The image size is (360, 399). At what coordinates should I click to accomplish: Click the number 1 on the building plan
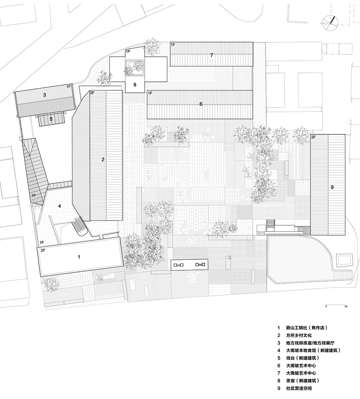pos(79,257)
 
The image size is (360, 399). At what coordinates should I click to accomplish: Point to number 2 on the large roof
pos(103,160)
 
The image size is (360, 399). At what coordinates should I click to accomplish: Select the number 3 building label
pos(45,95)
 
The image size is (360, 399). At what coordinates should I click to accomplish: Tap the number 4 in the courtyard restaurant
pos(60,206)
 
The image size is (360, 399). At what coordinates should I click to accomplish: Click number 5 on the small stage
pos(51,119)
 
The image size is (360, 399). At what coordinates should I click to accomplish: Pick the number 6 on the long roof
pos(201,104)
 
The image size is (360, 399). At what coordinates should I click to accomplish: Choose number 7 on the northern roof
pos(211,55)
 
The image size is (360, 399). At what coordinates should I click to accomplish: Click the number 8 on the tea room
pos(135,85)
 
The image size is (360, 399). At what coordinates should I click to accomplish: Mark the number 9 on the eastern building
pos(332,187)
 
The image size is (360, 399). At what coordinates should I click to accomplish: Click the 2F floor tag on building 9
pos(313,137)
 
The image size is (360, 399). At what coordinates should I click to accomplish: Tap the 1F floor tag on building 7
pos(173,45)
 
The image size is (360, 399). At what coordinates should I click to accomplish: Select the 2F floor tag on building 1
pos(43,250)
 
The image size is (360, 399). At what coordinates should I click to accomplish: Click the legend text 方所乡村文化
pos(299,336)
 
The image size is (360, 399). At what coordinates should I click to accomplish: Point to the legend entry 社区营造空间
pos(299,388)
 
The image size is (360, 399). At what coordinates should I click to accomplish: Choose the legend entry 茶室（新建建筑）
pos(303,381)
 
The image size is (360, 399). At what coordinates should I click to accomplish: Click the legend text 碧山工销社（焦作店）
pos(307,328)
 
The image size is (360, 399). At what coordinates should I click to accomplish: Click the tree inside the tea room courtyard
pos(134,67)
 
